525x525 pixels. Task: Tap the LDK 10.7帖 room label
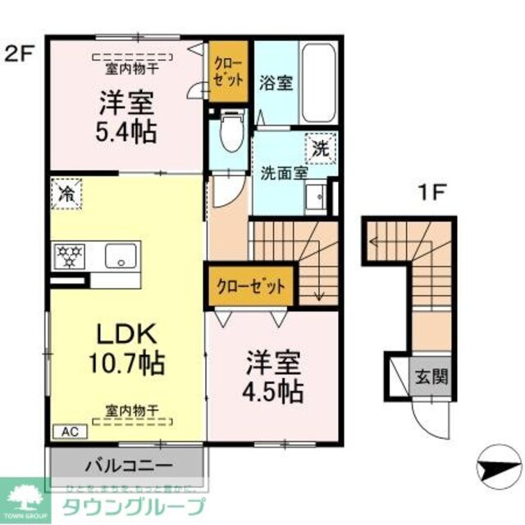(x=128, y=348)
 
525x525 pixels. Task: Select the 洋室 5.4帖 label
(x=129, y=117)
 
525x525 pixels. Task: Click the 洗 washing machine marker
(x=320, y=148)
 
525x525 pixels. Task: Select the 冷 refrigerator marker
(x=65, y=194)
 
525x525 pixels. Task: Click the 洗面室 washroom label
(x=284, y=173)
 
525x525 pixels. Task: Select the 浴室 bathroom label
(x=276, y=83)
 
